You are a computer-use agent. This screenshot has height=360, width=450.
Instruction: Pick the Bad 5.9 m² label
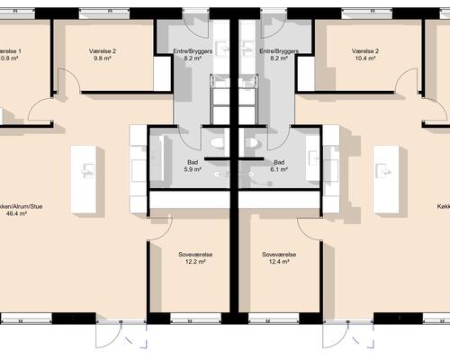point(191,168)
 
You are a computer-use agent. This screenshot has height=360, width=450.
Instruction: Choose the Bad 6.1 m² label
point(280,168)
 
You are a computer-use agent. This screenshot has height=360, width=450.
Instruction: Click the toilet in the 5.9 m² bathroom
point(214,143)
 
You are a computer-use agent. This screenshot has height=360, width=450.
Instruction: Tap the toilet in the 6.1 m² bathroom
point(256,143)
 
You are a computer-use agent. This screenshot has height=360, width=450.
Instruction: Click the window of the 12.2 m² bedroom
point(195,319)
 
